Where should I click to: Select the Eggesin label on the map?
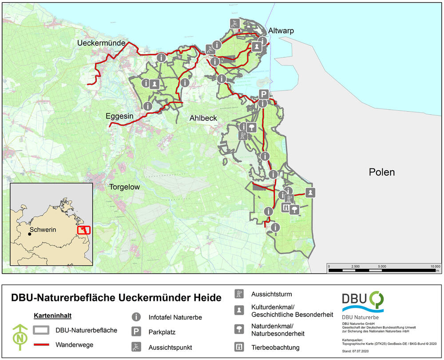pyautogui.click(x=119, y=116)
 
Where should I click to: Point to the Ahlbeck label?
pyautogui.click(x=203, y=118)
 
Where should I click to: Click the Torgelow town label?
pyautogui.click(x=125, y=187)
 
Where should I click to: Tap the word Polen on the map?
pyautogui.click(x=381, y=172)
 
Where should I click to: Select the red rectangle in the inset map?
pyautogui.click(x=83, y=230)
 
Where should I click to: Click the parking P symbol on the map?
pyautogui.click(x=264, y=94)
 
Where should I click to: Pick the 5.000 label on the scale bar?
pyautogui.click(x=382, y=266)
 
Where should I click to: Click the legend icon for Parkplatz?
pyautogui.click(x=136, y=332)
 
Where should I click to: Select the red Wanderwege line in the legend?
pyautogui.click(x=42, y=344)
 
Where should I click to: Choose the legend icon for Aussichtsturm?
pyautogui.click(x=239, y=294)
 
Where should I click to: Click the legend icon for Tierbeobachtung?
pyautogui.click(x=239, y=347)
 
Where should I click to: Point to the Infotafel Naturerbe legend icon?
pyautogui.click(x=136, y=317)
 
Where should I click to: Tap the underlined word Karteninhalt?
pyautogui.click(x=53, y=316)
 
